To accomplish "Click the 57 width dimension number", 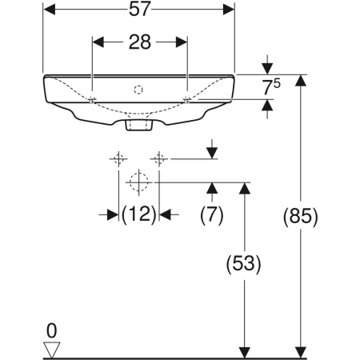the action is click(140, 9).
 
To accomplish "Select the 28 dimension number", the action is click(140, 42).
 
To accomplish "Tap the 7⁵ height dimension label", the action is click(271, 87).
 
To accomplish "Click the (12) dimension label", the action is click(139, 214).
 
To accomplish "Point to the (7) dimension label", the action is click(212, 214).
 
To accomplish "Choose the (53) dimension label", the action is click(244, 264).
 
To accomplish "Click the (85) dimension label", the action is click(301, 216).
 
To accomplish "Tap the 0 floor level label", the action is click(52, 331).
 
